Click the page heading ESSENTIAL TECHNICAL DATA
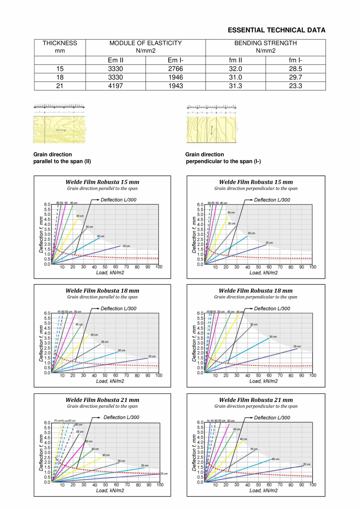coord(276,30)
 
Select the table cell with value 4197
coord(115,86)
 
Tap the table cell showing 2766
coord(175,69)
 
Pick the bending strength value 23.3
coord(295,86)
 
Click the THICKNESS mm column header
coord(60,47)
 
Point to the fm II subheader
coord(235,60)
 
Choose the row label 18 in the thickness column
coord(60,78)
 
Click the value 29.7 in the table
coord(295,78)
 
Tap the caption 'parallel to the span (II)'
coord(62,161)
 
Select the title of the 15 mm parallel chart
coord(102,182)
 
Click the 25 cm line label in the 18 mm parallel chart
coord(152,356)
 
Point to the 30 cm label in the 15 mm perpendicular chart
coord(252,233)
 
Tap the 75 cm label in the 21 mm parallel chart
coord(57,421)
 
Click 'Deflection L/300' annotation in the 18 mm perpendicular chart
coord(272,309)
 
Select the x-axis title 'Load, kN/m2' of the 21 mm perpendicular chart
coord(264,490)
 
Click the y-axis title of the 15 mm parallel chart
coord(41,234)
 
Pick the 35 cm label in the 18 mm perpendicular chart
coord(254,325)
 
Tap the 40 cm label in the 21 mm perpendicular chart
coord(243,439)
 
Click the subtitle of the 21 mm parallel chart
coord(102,406)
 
